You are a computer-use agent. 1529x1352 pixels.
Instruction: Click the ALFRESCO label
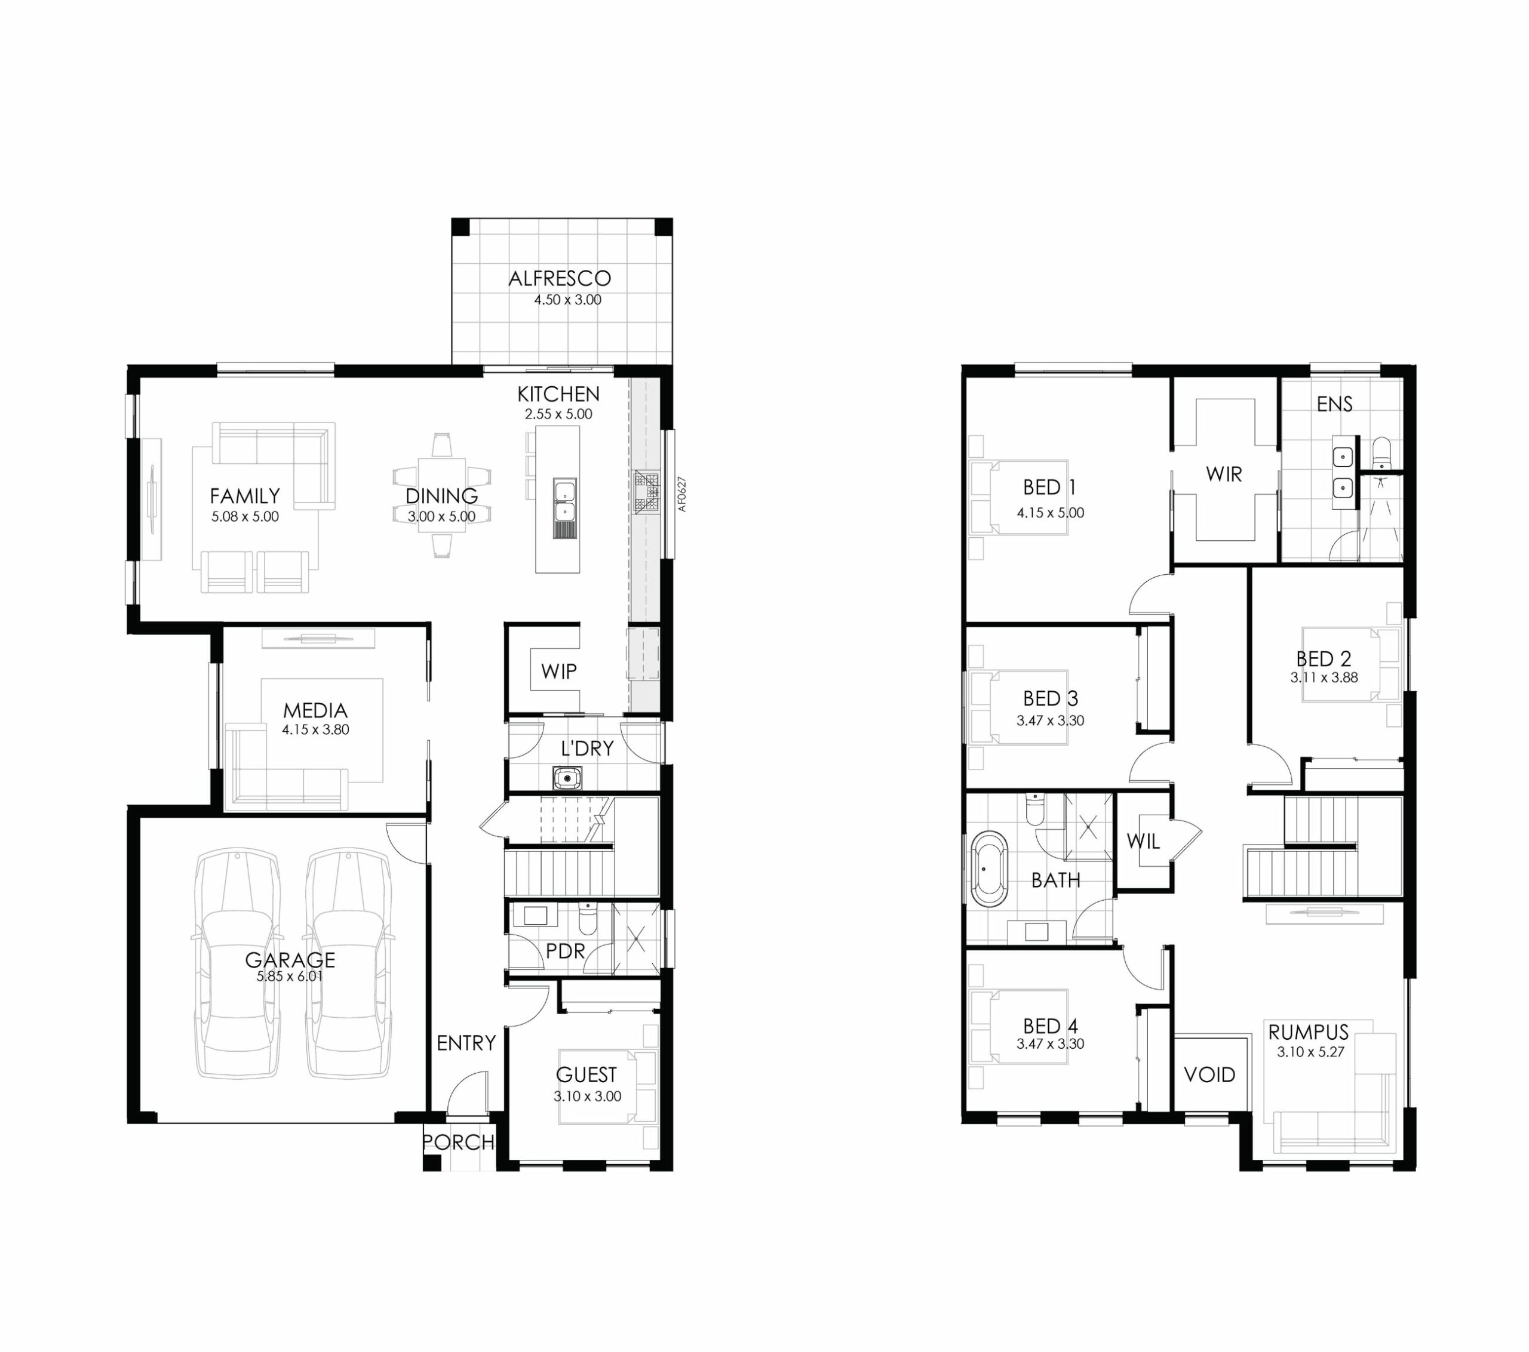click(560, 278)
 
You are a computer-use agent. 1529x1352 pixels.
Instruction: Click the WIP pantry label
click(559, 671)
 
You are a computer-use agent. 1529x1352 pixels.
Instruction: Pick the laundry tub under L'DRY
click(568, 778)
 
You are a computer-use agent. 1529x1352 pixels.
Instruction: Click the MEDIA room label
click(315, 710)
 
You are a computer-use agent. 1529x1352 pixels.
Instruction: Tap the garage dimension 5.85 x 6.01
click(290, 977)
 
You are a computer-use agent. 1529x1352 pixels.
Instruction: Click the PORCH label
click(459, 1142)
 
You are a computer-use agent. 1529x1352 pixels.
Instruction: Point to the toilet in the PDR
click(587, 919)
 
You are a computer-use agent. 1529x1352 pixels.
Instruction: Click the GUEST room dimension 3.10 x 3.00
click(587, 1097)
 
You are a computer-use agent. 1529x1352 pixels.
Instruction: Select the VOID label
click(1209, 1074)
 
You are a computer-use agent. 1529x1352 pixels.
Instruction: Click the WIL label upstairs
click(1143, 841)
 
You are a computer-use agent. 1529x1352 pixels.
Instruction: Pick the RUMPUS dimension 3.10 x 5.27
click(1310, 1051)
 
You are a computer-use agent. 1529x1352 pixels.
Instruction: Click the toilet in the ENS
click(1381, 452)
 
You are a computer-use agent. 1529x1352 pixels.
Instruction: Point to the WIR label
click(1224, 474)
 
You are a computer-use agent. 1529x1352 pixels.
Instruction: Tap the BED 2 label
click(1324, 659)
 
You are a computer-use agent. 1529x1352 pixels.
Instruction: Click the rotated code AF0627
click(681, 494)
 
